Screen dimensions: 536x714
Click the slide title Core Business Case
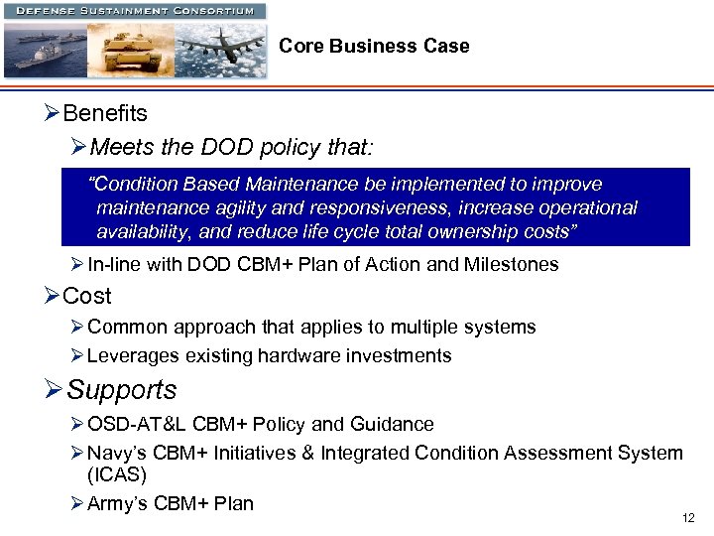point(374,47)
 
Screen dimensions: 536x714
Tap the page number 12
point(689,518)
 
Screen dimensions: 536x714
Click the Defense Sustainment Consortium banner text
point(134,11)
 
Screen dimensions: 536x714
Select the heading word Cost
point(87,296)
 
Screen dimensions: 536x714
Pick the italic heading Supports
point(122,390)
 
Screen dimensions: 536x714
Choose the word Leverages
point(132,355)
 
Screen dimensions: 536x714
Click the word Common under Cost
point(126,327)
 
